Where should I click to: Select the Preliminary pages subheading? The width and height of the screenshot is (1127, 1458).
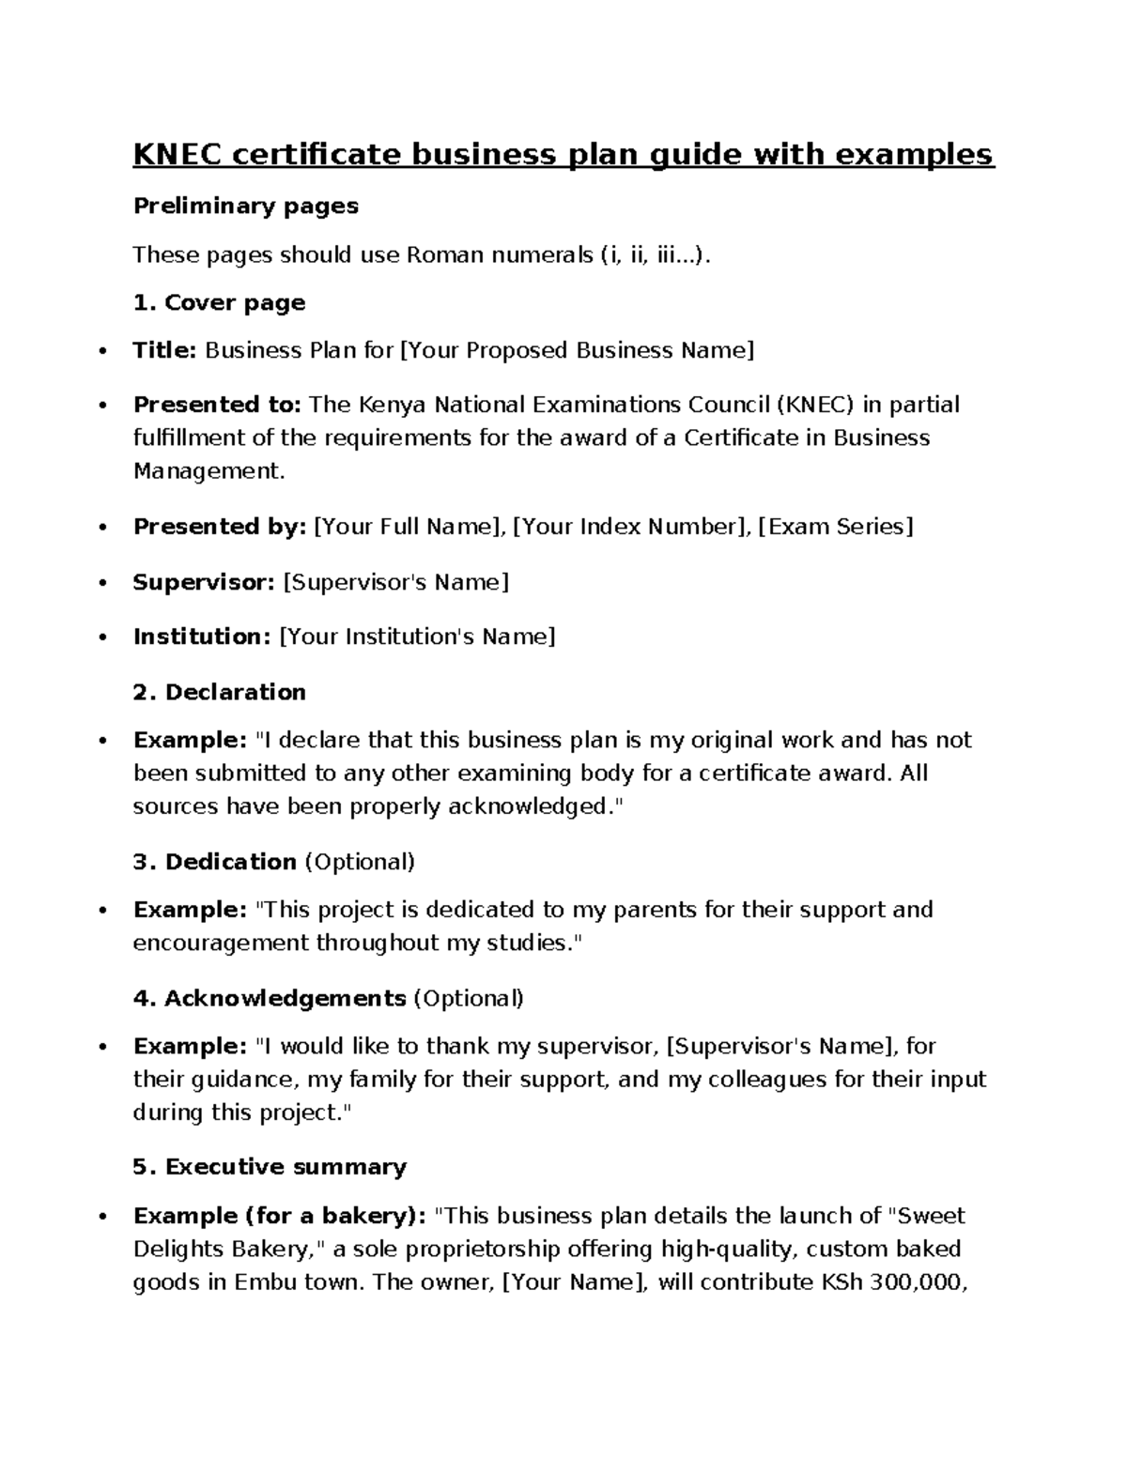pyautogui.click(x=245, y=206)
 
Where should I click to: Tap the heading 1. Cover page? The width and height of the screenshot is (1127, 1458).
pyautogui.click(x=219, y=302)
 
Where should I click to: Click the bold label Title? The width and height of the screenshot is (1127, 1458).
pyautogui.click(x=164, y=351)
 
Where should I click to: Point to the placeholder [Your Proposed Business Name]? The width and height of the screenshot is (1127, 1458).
pyautogui.click(x=577, y=351)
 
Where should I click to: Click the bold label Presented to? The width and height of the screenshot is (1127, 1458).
pyautogui.click(x=217, y=405)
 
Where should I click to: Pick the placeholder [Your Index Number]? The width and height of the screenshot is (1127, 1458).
pyautogui.click(x=630, y=527)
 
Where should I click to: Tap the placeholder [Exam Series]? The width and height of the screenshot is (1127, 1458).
pyautogui.click(x=835, y=527)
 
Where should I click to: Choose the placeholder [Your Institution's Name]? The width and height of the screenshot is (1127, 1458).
pyautogui.click(x=417, y=637)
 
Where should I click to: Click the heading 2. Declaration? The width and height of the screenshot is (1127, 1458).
pyautogui.click(x=219, y=692)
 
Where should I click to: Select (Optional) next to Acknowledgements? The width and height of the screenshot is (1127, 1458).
pyautogui.click(x=468, y=998)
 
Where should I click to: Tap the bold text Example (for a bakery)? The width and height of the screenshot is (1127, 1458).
pyautogui.click(x=280, y=1216)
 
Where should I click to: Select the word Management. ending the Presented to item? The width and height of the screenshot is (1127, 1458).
pyautogui.click(x=208, y=471)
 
